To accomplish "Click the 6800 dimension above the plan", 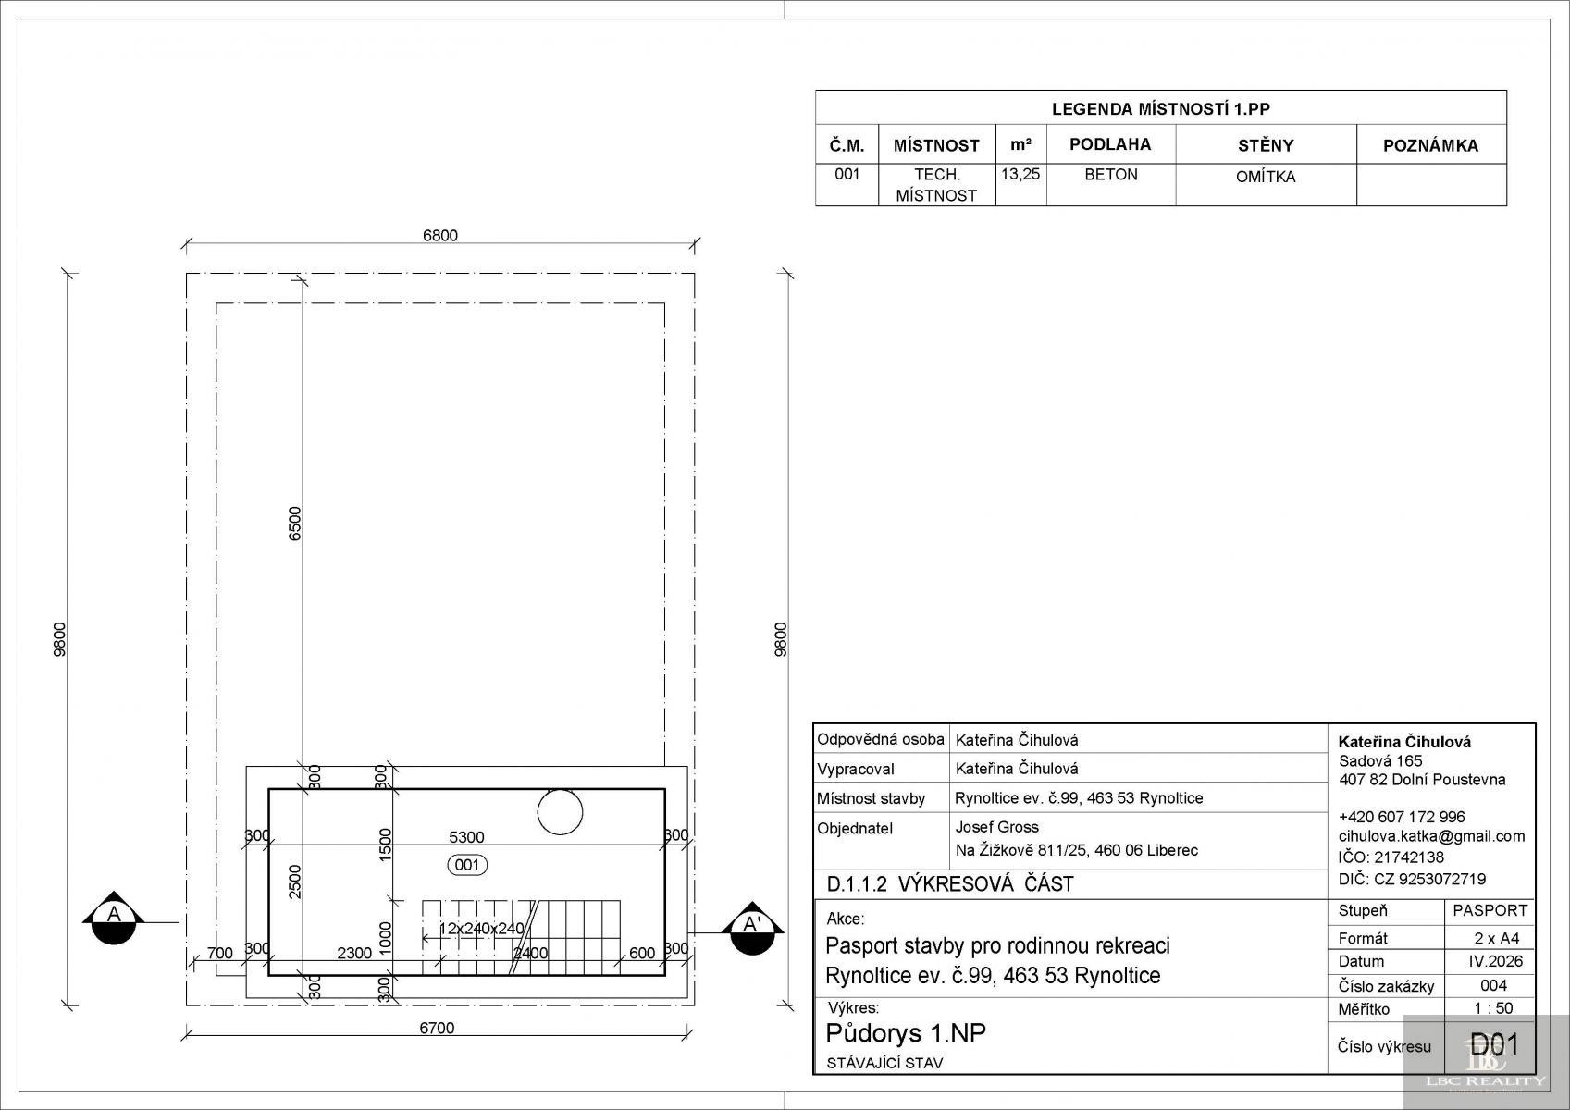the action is point(439,236).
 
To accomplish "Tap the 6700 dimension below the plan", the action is point(437,1028).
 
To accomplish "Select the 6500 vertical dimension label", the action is point(294,524).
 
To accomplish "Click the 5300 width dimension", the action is point(466,837).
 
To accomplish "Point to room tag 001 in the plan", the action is point(467,865).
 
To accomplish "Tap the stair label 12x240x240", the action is point(481,929).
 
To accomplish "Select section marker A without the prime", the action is point(114,918).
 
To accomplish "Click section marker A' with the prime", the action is point(752,928).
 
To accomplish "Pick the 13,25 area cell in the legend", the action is point(1020,174).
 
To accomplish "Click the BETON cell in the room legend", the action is point(1111,175).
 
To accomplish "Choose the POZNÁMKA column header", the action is point(1430,146).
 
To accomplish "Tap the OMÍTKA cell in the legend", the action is point(1266,177).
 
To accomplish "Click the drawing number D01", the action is point(1493,1045).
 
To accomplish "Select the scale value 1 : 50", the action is point(1493,1008).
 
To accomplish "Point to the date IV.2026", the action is point(1496,961).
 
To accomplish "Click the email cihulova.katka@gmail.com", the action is point(1431,836).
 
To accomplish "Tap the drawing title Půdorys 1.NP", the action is point(906,1033).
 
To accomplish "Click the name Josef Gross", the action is point(996,827).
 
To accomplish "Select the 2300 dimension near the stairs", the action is point(354,953).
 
